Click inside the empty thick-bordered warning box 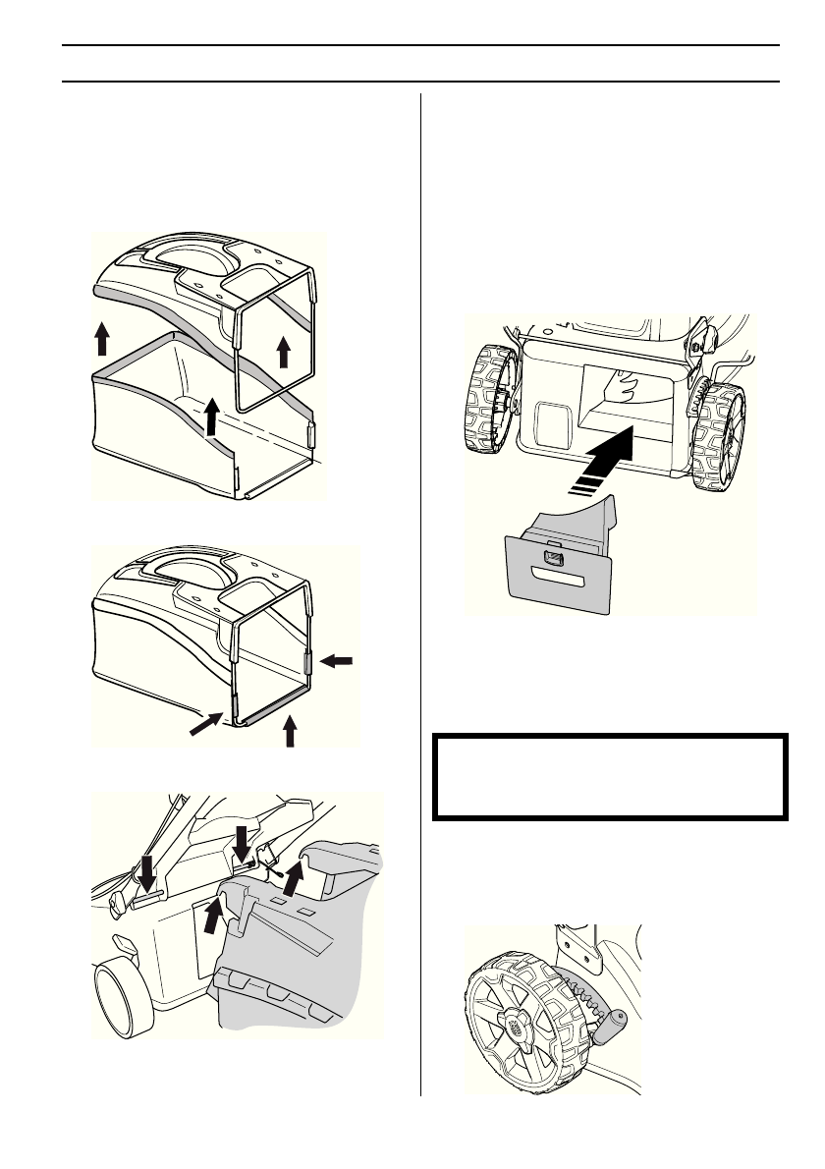[610, 776]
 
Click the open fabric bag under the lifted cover [167, 432]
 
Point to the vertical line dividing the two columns [420, 589]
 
